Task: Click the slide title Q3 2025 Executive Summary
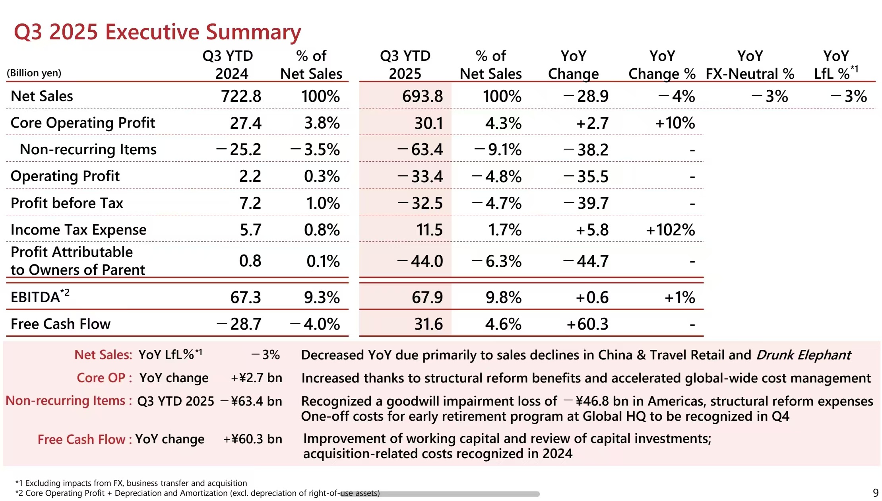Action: pyautogui.click(x=157, y=32)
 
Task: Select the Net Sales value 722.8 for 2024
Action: pyautogui.click(x=241, y=96)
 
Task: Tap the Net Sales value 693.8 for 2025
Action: pyautogui.click(x=422, y=96)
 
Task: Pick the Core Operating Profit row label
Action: pyautogui.click(x=83, y=123)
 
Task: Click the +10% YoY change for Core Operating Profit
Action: pyautogui.click(x=675, y=123)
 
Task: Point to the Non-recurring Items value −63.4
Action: pyautogui.click(x=421, y=150)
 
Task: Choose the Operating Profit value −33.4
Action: pyautogui.click(x=421, y=177)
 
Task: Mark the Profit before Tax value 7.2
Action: pyautogui.click(x=250, y=203)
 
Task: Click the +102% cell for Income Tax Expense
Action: pyautogui.click(x=670, y=230)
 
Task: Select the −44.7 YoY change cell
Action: pyautogui.click(x=586, y=261)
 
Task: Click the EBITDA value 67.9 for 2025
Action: pyautogui.click(x=427, y=297)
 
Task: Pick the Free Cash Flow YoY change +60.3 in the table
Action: pyautogui.click(x=587, y=324)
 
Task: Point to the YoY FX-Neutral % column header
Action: pyautogui.click(x=750, y=65)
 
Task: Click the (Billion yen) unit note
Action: pyautogui.click(x=34, y=73)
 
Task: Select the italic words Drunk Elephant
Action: pyautogui.click(x=803, y=355)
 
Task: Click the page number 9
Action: pyautogui.click(x=875, y=493)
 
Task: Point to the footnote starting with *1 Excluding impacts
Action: pyautogui.click(x=131, y=483)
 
